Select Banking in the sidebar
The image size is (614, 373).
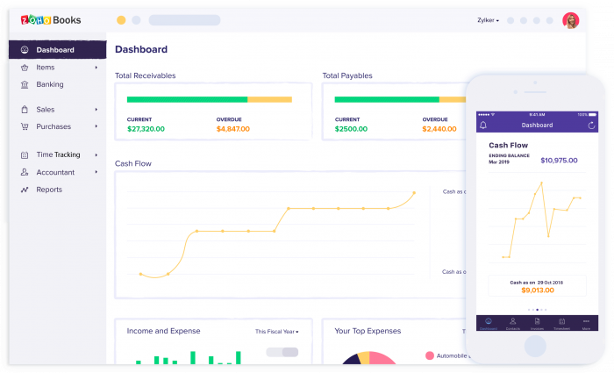pyautogui.click(x=49, y=84)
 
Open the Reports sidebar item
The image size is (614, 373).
pyautogui.click(x=49, y=190)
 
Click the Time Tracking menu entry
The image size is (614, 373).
pyautogui.click(x=58, y=154)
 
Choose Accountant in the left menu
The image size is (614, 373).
pyautogui.click(x=55, y=172)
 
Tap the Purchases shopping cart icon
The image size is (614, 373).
pyautogui.click(x=24, y=126)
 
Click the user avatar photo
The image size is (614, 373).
pyautogui.click(x=570, y=20)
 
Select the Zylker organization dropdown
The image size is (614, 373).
pyautogui.click(x=488, y=20)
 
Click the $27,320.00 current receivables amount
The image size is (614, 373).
pyautogui.click(x=146, y=129)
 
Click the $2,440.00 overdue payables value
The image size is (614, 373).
pyautogui.click(x=439, y=129)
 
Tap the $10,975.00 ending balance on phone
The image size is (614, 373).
pyautogui.click(x=559, y=161)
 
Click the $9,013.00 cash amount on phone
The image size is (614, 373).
pyautogui.click(x=537, y=290)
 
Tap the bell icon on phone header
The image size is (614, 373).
pyautogui.click(x=483, y=126)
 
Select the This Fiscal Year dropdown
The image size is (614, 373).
pyautogui.click(x=276, y=332)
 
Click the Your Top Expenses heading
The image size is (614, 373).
pyautogui.click(x=368, y=331)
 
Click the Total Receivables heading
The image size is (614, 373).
pyautogui.click(x=145, y=75)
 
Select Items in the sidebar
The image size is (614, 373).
pyautogui.click(x=45, y=67)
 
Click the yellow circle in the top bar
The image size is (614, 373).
pyautogui.click(x=121, y=20)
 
